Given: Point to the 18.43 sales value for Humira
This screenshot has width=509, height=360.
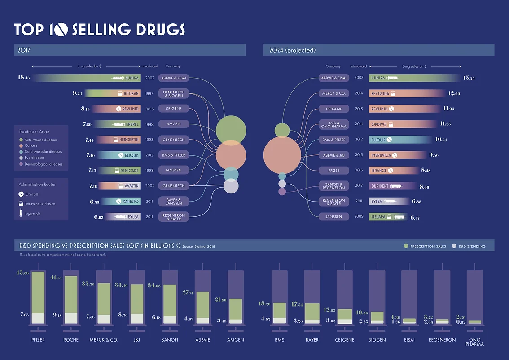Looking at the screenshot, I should click(23, 78).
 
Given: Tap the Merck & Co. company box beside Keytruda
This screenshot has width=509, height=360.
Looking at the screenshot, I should click(333, 93).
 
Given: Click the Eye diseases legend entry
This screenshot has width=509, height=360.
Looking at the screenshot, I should click(31, 158).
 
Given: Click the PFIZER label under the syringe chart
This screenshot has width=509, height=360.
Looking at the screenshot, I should click(38, 340).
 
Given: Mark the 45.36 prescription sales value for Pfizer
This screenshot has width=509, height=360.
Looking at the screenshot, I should click(22, 273).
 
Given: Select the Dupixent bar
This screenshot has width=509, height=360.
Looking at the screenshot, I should click(386, 186).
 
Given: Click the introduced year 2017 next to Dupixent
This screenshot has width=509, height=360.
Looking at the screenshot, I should click(359, 186).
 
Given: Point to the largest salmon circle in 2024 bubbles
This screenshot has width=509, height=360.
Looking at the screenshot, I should click(282, 155).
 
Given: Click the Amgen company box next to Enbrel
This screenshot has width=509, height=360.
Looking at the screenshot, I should click(173, 124).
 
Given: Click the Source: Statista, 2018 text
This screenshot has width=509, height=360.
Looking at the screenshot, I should click(198, 246).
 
